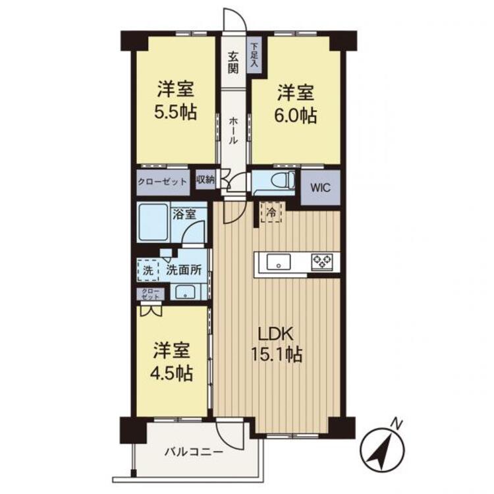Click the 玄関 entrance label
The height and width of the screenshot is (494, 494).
[233, 63]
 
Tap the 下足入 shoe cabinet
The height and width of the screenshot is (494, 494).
[254, 55]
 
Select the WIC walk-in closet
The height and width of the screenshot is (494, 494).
[320, 188]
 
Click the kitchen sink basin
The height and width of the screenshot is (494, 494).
[279, 261]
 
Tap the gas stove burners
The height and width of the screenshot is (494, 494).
[321, 261]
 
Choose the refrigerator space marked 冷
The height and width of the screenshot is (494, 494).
[271, 213]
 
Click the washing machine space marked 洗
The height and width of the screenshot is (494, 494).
[148, 270]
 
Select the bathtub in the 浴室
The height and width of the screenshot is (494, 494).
[153, 222]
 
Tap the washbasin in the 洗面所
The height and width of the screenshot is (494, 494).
[185, 292]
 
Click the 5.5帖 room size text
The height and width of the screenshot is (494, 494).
[175, 113]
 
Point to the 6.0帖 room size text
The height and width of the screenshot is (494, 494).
[296, 115]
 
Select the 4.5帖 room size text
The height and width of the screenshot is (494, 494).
[171, 373]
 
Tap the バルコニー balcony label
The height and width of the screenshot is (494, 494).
[194, 453]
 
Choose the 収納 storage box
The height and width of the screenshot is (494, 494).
[206, 180]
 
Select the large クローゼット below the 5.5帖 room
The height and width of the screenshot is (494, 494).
[163, 182]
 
